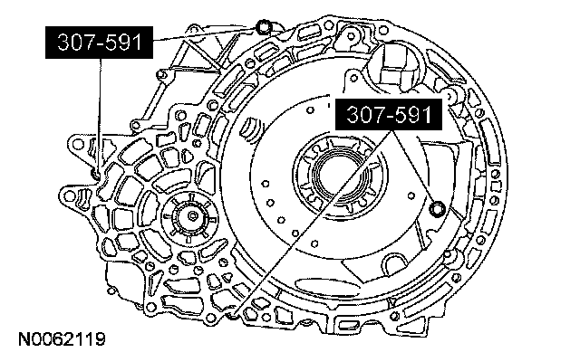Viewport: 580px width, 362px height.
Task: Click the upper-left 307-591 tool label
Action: pos(99,43)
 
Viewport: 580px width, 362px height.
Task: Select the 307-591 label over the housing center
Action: pos(389,114)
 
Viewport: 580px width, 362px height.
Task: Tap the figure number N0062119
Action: pos(63,339)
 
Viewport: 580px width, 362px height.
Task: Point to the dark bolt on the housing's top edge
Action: pos(264,27)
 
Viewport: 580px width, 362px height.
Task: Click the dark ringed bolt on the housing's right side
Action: pos(438,209)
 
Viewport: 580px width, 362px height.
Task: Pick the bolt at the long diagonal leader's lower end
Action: pos(234,314)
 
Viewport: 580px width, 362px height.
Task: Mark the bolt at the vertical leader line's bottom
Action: pos(96,173)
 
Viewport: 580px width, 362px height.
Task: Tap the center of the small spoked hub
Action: pos(192,216)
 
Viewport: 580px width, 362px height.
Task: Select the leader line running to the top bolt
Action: pos(203,34)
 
